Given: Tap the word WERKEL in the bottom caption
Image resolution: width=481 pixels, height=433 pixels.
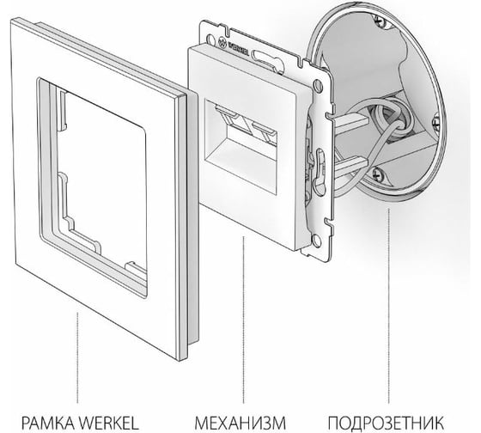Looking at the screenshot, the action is pyautogui.click(x=110, y=423).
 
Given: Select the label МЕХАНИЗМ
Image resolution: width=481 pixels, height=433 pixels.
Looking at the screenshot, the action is pyautogui.click(x=240, y=423).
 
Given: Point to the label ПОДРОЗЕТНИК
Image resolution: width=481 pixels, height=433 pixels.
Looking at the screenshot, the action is pyautogui.click(x=386, y=423).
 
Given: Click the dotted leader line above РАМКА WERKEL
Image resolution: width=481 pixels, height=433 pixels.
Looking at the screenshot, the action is pyautogui.click(x=77, y=357).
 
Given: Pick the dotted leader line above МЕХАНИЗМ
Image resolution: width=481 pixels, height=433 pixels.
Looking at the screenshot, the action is pyautogui.click(x=244, y=320).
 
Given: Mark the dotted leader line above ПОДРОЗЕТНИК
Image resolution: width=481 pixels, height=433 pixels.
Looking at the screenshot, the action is pyautogui.click(x=389, y=306).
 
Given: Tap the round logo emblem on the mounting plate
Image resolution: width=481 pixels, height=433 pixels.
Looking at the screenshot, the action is pyautogui.click(x=222, y=42).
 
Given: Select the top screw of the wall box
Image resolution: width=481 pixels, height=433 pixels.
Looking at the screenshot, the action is pyautogui.click(x=380, y=21).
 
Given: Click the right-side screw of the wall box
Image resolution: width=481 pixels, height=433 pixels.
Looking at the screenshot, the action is pyautogui.click(x=436, y=120).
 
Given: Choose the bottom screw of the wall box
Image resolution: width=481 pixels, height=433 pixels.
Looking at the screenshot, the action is pyautogui.click(x=378, y=174).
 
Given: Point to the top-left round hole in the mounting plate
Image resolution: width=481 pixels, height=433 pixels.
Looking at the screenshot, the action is pyautogui.click(x=211, y=40).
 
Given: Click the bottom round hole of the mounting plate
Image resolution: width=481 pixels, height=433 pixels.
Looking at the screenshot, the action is pyautogui.click(x=316, y=240).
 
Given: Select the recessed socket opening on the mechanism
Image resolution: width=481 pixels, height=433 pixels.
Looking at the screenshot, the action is pyautogui.click(x=241, y=147).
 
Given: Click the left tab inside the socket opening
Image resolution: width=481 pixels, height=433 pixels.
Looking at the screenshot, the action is pyautogui.click(x=225, y=111).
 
